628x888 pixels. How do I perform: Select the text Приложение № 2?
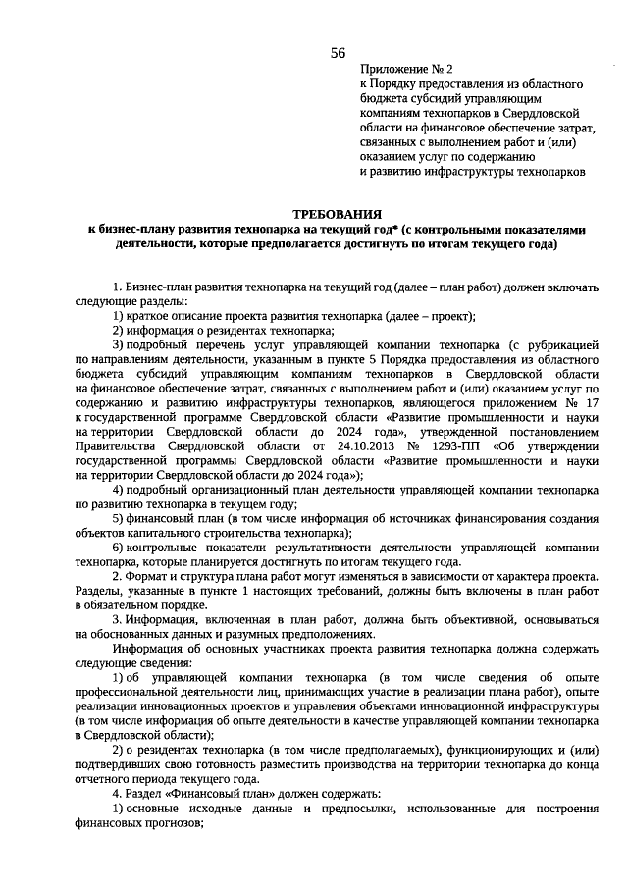[406, 71]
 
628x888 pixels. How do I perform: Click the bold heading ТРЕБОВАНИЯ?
[337, 213]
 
